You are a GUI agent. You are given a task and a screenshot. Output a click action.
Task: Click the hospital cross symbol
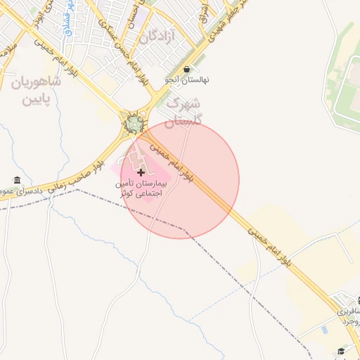(x=141, y=172)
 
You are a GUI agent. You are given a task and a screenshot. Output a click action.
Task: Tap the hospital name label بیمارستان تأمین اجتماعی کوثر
(x=141, y=188)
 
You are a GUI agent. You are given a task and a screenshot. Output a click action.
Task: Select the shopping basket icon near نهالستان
(x=186, y=70)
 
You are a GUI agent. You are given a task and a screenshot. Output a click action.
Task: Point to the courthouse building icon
(x=17, y=180)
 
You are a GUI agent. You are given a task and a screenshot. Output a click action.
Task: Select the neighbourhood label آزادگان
(x=157, y=37)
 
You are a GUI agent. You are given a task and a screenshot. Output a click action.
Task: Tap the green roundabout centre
(x=133, y=124)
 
